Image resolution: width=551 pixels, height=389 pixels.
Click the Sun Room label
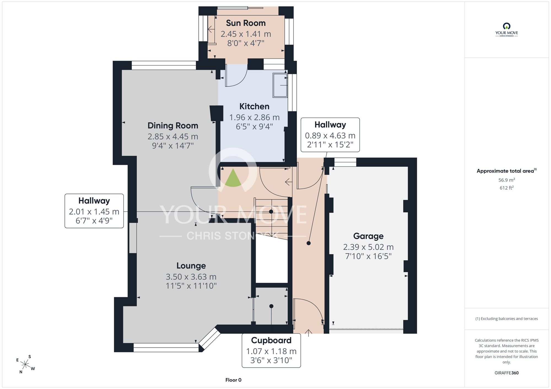point(246,23)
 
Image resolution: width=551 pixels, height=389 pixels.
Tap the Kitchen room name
point(254,106)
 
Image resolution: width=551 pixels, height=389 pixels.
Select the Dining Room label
point(173,126)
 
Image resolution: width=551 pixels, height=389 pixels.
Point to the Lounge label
point(191,266)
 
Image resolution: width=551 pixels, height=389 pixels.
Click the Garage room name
point(368,236)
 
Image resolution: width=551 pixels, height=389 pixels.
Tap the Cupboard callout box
point(271,350)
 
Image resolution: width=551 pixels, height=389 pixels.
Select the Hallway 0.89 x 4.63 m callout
point(330,135)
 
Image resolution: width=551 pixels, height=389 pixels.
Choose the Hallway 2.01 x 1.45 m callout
point(94,211)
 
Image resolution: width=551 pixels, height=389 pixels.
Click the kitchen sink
point(280,85)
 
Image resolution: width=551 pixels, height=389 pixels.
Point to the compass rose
point(25,365)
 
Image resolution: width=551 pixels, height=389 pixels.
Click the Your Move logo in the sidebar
point(506,30)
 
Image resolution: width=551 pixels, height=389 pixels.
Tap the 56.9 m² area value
point(506,180)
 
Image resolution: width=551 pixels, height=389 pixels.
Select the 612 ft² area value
point(506,188)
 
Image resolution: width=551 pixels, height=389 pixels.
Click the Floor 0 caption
point(233,380)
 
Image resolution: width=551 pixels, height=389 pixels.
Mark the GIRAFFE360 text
point(506,373)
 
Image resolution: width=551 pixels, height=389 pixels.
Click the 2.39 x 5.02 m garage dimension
point(368,247)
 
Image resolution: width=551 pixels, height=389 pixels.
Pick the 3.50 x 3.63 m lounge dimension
point(191,277)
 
